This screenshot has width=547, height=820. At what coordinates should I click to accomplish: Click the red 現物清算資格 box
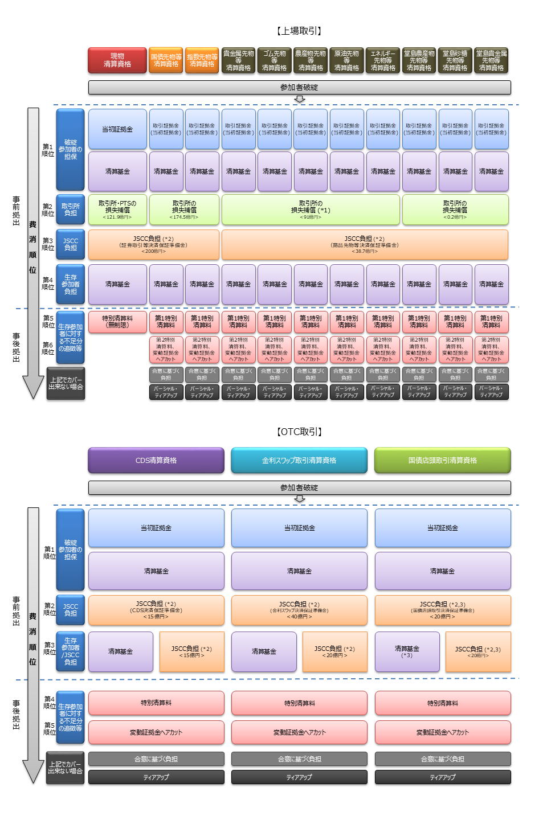[x=117, y=60]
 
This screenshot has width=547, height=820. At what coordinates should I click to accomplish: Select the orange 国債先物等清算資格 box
[x=166, y=60]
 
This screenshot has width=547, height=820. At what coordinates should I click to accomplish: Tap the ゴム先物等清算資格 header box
[x=274, y=60]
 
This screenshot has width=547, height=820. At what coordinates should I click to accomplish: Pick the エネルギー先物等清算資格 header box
[x=383, y=60]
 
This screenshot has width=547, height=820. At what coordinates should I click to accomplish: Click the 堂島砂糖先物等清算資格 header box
[x=455, y=60]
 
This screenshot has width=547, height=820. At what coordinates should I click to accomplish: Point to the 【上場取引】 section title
[x=299, y=31]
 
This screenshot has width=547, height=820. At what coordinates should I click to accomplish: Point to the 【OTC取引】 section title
[x=299, y=432]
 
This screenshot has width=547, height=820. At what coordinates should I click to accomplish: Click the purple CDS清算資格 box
[x=156, y=460]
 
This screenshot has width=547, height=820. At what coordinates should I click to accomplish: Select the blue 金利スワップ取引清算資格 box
[x=299, y=460]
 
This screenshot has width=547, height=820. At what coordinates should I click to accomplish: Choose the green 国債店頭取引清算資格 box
[x=442, y=460]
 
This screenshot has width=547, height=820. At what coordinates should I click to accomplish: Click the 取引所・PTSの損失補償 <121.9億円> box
[x=117, y=210]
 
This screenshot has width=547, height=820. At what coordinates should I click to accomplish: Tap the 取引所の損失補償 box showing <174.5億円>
[x=184, y=210]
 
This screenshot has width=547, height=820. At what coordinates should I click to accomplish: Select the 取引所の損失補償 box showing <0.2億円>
[x=455, y=210]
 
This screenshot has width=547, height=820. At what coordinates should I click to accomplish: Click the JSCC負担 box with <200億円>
[x=153, y=244]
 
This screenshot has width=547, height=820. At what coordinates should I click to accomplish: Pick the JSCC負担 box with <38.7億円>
[x=365, y=244]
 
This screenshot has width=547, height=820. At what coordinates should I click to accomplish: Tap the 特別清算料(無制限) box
[x=117, y=322]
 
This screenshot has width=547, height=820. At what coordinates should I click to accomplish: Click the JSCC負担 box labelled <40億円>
[x=299, y=610]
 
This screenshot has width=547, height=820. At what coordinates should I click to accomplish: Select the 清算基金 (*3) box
[x=407, y=651]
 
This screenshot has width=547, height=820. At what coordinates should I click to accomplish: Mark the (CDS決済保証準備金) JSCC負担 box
[x=156, y=610]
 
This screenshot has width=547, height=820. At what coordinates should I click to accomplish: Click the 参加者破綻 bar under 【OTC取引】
[x=299, y=487]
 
